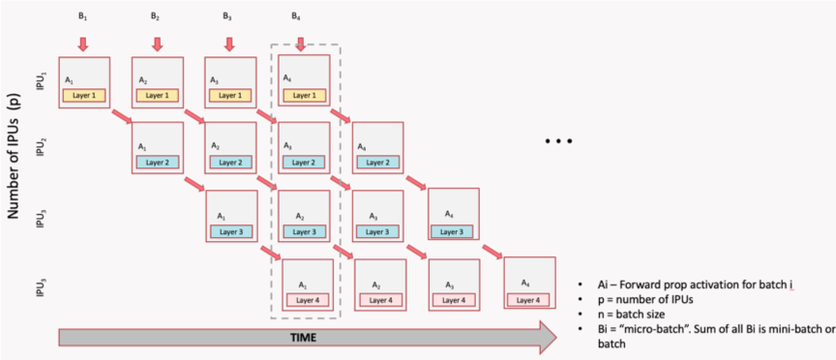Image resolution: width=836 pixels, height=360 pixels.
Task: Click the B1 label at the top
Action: click(83, 16)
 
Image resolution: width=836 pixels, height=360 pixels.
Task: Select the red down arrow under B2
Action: click(157, 44)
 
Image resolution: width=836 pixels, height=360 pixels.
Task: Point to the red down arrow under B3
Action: click(229, 44)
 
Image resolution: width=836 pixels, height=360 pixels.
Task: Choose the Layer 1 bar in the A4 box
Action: click(303, 95)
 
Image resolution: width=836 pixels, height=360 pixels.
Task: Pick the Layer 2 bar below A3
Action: click(303, 163)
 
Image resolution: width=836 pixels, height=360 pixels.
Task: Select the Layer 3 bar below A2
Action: click(303, 232)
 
